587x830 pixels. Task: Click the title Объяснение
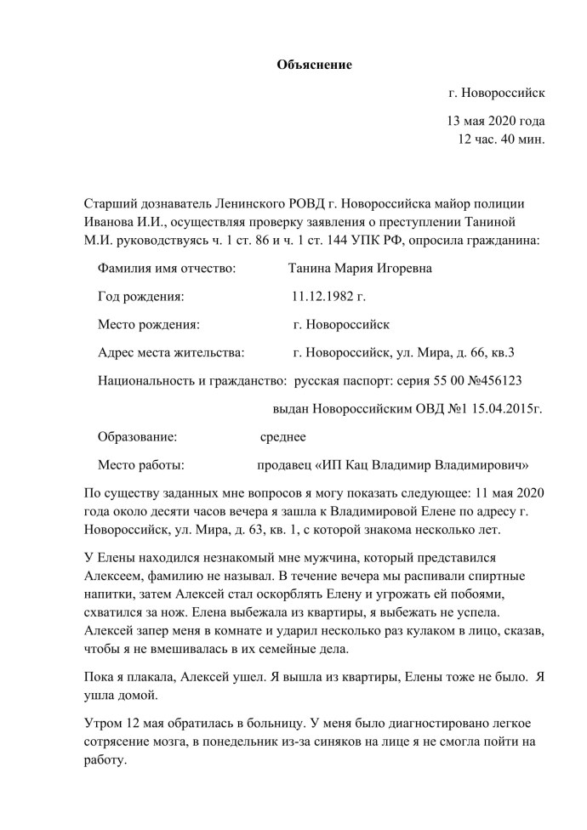pyautogui.click(x=314, y=65)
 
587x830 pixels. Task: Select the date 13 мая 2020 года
pyautogui.click(x=495, y=121)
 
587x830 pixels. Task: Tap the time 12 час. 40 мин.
pyautogui.click(x=501, y=139)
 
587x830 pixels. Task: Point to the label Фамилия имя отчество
pyautogui.click(x=167, y=270)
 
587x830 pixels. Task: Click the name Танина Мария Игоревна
pyautogui.click(x=360, y=270)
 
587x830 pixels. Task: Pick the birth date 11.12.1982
pyautogui.click(x=328, y=298)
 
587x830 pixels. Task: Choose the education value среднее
pyautogui.click(x=282, y=437)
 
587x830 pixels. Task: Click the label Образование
pyautogui.click(x=138, y=437)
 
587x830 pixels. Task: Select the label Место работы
pyautogui.click(x=141, y=465)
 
